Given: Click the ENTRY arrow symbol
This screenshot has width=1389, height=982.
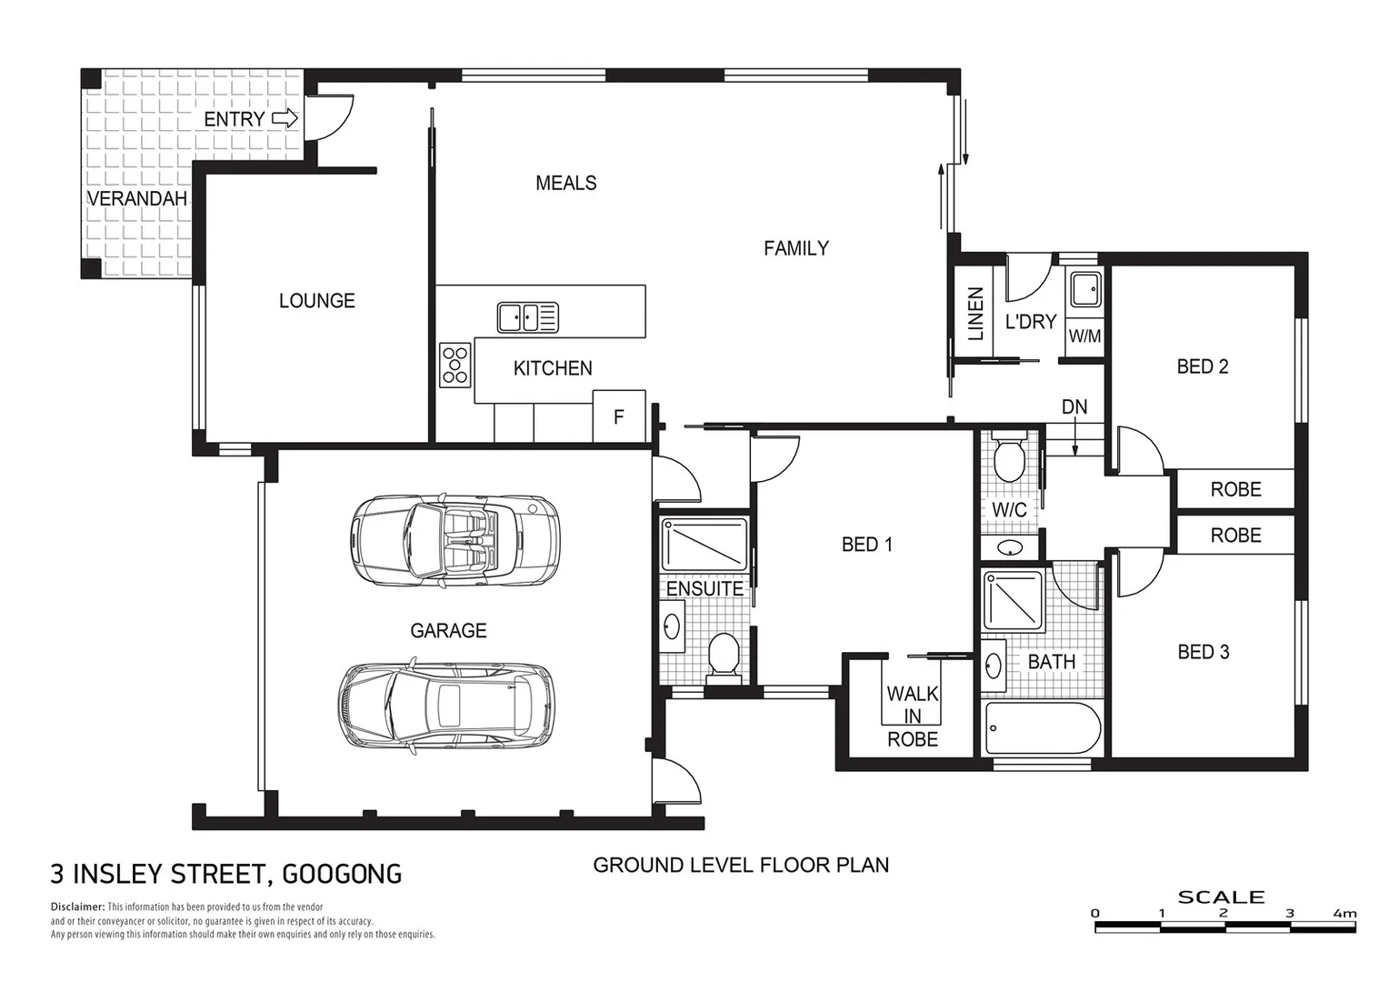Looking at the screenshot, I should (x=285, y=118).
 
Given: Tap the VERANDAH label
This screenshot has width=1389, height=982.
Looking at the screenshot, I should (x=137, y=198).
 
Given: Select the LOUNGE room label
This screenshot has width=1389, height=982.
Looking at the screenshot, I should (x=316, y=301).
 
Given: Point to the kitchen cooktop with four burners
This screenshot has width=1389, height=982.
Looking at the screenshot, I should (x=455, y=364).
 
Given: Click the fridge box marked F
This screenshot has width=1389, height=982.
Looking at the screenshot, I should (x=619, y=416).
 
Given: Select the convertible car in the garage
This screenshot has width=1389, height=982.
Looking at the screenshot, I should (x=454, y=541).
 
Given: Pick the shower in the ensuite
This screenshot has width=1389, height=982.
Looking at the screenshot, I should (x=704, y=544).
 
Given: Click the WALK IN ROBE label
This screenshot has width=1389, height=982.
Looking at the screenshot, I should (x=913, y=716).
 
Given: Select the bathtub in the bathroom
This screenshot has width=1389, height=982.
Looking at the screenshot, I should (x=1042, y=727).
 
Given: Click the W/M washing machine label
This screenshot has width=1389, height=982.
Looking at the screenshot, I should (x=1084, y=336).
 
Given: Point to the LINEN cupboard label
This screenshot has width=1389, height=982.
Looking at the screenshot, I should (x=976, y=314).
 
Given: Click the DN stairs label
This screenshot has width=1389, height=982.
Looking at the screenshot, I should (x=1074, y=406).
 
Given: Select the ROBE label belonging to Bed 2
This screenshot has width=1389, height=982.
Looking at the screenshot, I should (x=1235, y=489).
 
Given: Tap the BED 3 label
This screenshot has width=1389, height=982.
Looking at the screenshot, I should (x=1203, y=652).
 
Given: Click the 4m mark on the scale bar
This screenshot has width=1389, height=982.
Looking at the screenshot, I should (x=1344, y=913).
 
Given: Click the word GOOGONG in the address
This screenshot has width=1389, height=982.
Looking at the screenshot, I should (x=342, y=875).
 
